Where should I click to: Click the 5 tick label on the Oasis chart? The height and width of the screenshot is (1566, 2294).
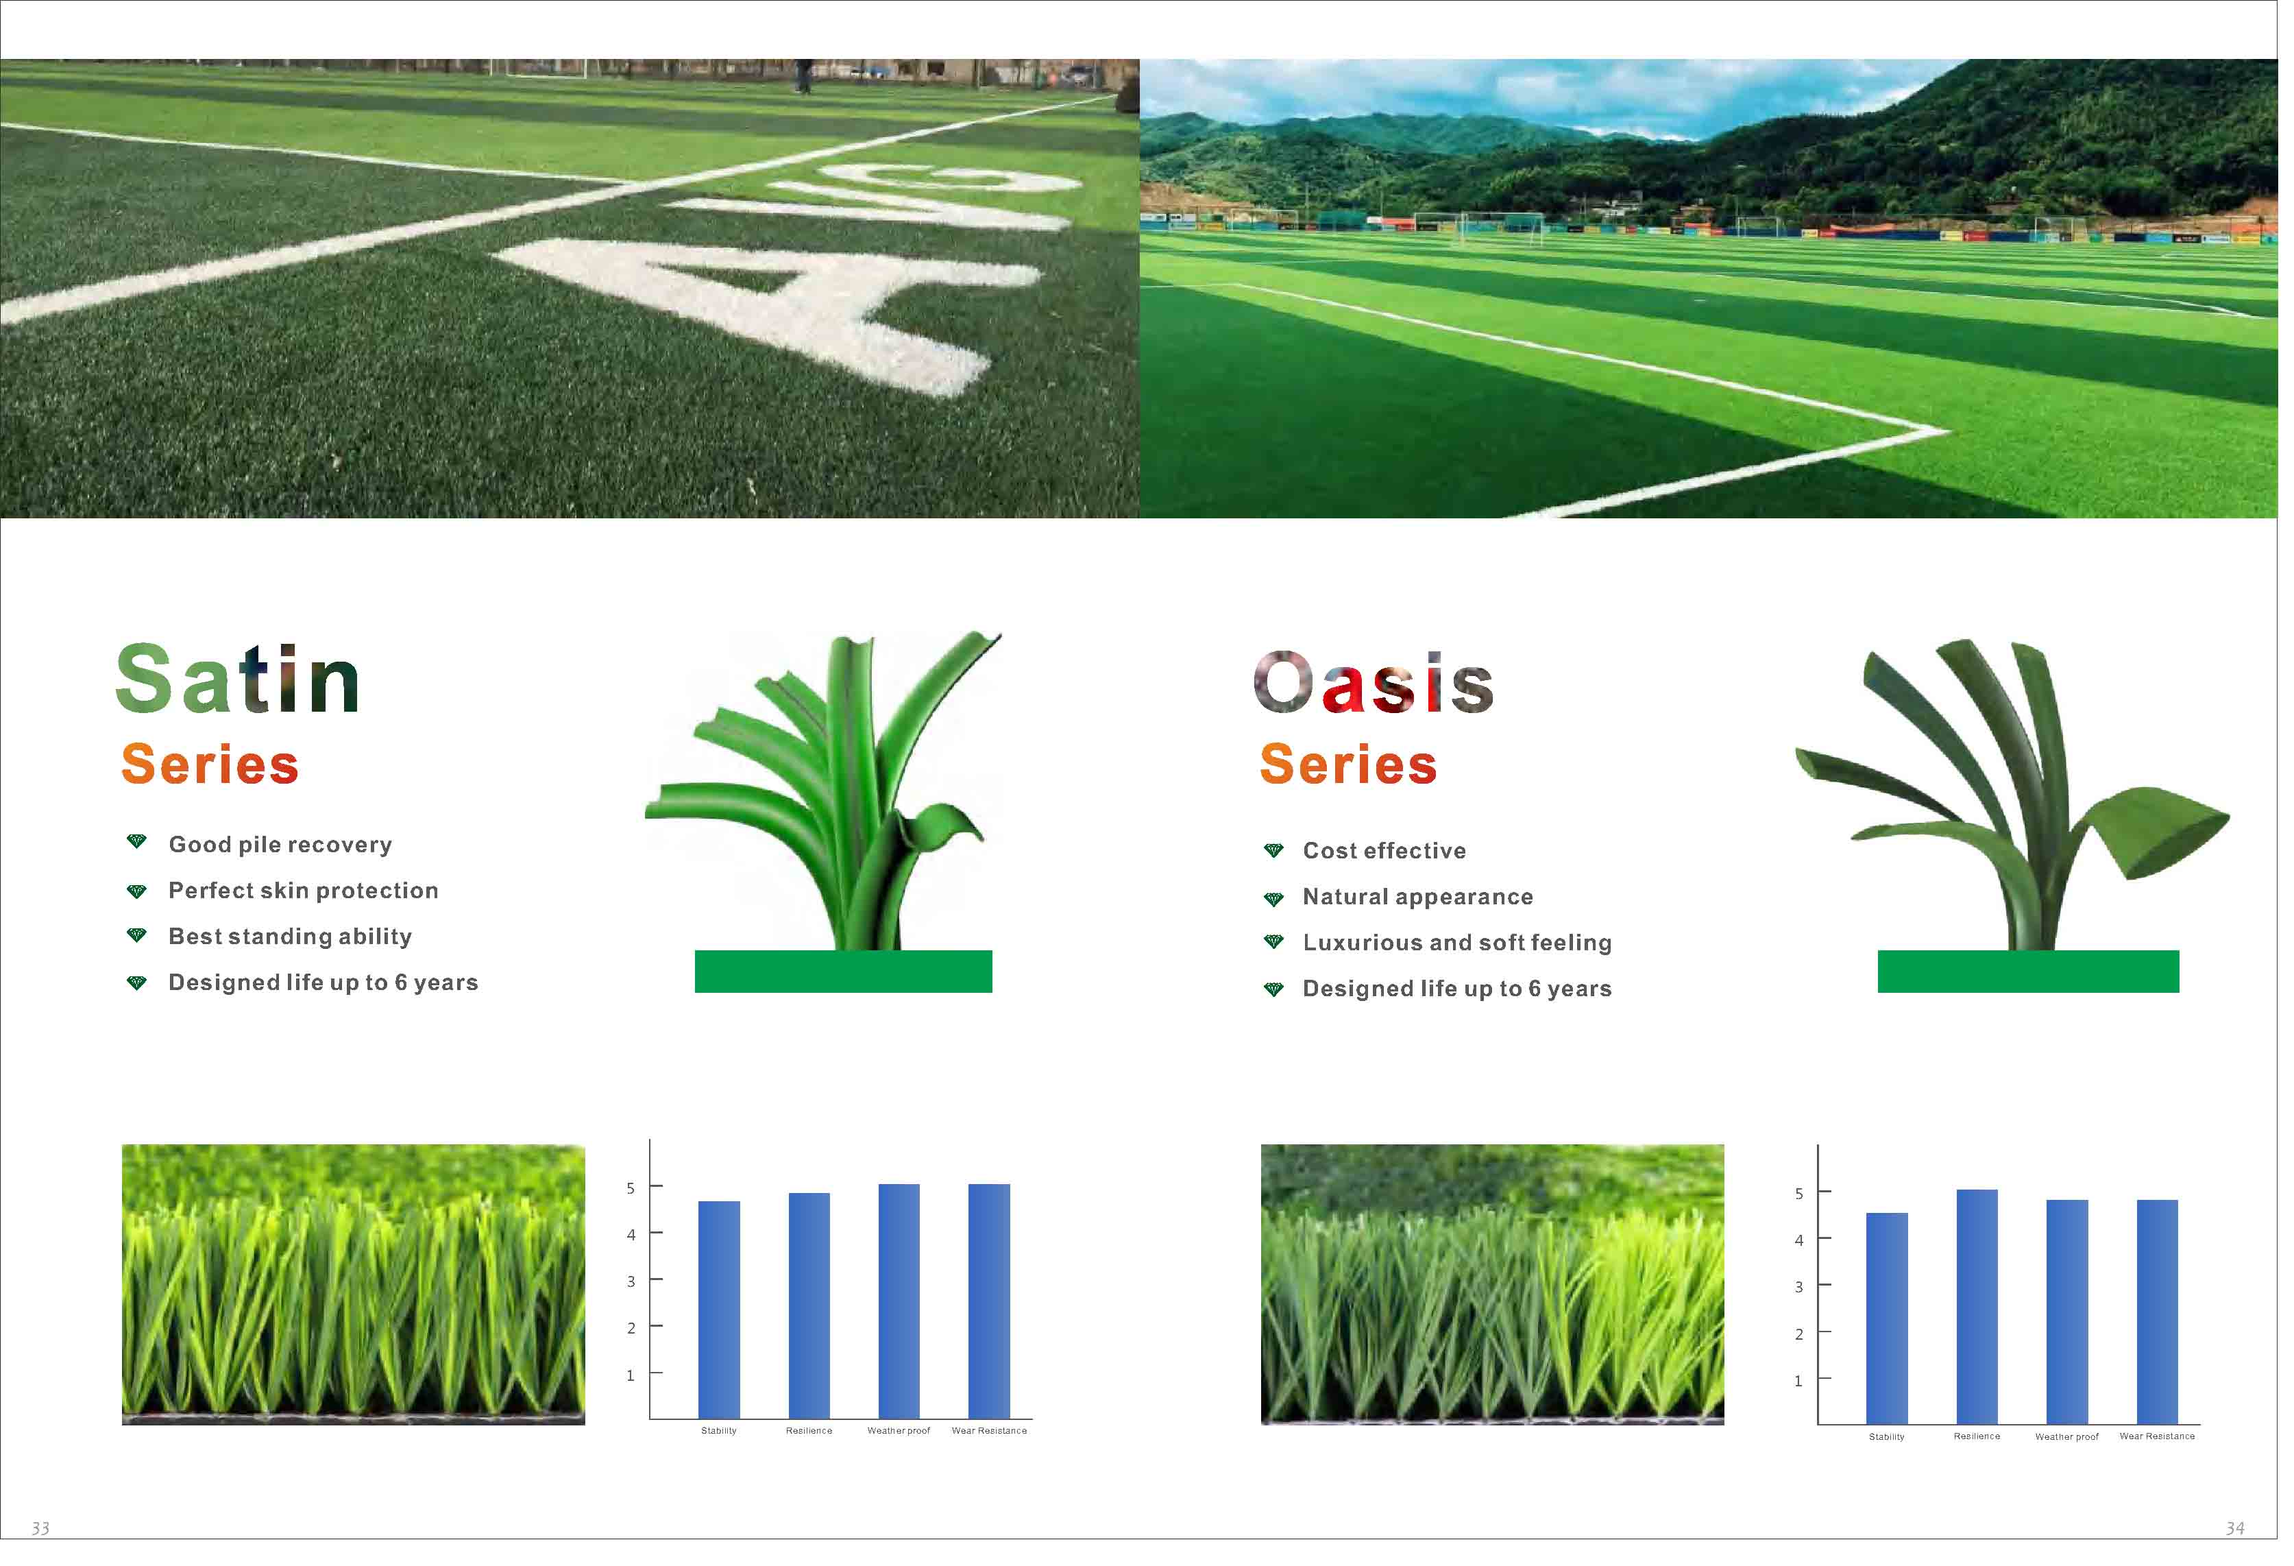[x=1798, y=1194]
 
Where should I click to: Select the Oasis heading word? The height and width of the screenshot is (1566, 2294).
[x=1373, y=682]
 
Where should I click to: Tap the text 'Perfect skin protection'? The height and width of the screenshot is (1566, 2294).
[x=303, y=891]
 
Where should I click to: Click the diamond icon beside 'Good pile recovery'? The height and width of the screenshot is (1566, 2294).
[x=137, y=842]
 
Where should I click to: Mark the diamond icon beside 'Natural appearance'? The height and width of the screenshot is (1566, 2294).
[x=1273, y=898]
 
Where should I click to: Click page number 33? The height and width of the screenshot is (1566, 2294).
[x=40, y=1528]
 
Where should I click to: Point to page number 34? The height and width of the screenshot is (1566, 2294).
[x=2235, y=1528]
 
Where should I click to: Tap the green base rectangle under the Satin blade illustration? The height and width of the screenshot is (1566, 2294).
[x=843, y=972]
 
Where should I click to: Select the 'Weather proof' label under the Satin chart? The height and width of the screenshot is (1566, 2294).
[x=899, y=1431]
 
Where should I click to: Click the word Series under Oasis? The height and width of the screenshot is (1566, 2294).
[x=1348, y=764]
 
